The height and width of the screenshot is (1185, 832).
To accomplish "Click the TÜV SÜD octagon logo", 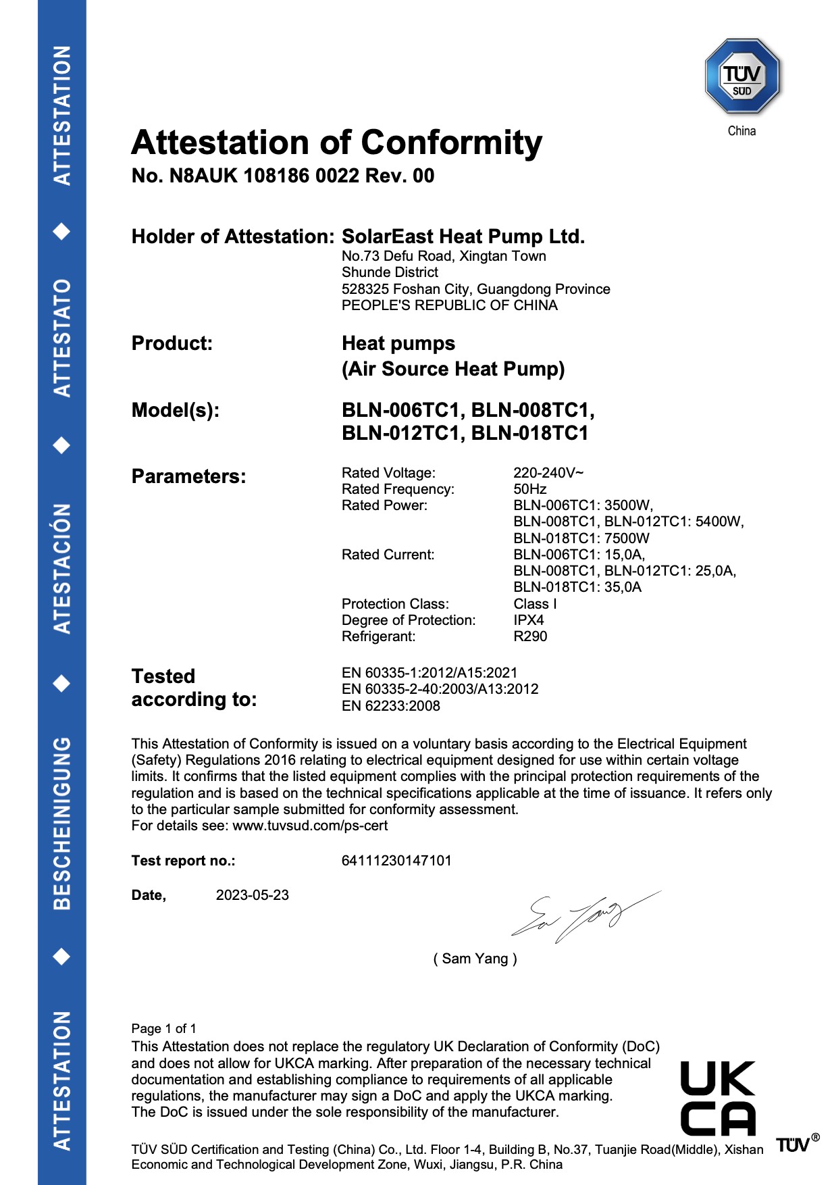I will point(742,76).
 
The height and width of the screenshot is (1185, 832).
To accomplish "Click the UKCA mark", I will point(717,1098).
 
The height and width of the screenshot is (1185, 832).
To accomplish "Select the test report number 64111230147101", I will point(396,861).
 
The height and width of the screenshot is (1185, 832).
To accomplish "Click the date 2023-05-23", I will point(252,895).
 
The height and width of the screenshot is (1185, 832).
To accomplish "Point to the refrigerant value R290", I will point(530,636).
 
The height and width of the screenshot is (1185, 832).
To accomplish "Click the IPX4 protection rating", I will point(528,620).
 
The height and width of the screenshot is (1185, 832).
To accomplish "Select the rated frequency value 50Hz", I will point(529,489).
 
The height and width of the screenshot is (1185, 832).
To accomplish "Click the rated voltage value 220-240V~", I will point(548,473).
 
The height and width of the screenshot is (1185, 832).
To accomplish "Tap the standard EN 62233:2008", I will point(390,706).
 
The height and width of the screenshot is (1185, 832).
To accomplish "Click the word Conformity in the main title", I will point(451,143).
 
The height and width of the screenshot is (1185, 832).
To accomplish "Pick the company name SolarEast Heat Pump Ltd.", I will point(463,236).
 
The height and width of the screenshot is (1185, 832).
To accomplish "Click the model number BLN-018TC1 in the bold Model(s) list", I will point(529,433).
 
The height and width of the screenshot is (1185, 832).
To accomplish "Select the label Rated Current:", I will point(388,555).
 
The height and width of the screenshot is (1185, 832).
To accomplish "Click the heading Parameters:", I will point(188,476).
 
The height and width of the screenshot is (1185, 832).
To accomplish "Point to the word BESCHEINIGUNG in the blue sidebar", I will point(61,823).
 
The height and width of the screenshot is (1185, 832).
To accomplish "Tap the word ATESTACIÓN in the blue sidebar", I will point(61,568).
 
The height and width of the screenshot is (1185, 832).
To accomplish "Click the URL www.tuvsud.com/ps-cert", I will point(310,826).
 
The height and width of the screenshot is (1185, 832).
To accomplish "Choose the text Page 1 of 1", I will point(163,1029).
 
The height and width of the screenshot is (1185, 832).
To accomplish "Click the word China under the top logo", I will point(742,131).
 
